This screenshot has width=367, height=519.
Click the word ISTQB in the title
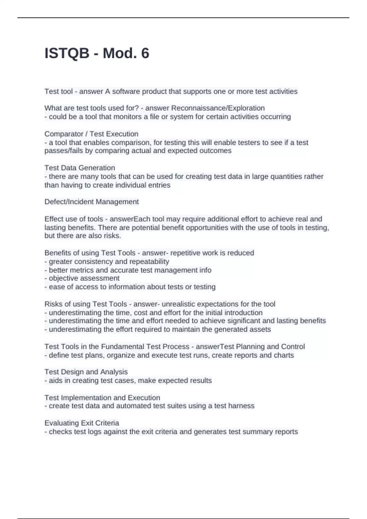point(67,53)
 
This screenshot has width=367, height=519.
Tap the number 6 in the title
point(145,53)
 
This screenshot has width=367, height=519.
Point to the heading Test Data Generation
point(80,168)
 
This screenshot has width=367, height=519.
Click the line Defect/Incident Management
point(91,202)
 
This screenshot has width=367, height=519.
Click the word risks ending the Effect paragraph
point(112,236)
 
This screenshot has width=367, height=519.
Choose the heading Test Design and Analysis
point(86,372)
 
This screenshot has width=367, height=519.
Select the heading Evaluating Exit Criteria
point(82,423)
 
